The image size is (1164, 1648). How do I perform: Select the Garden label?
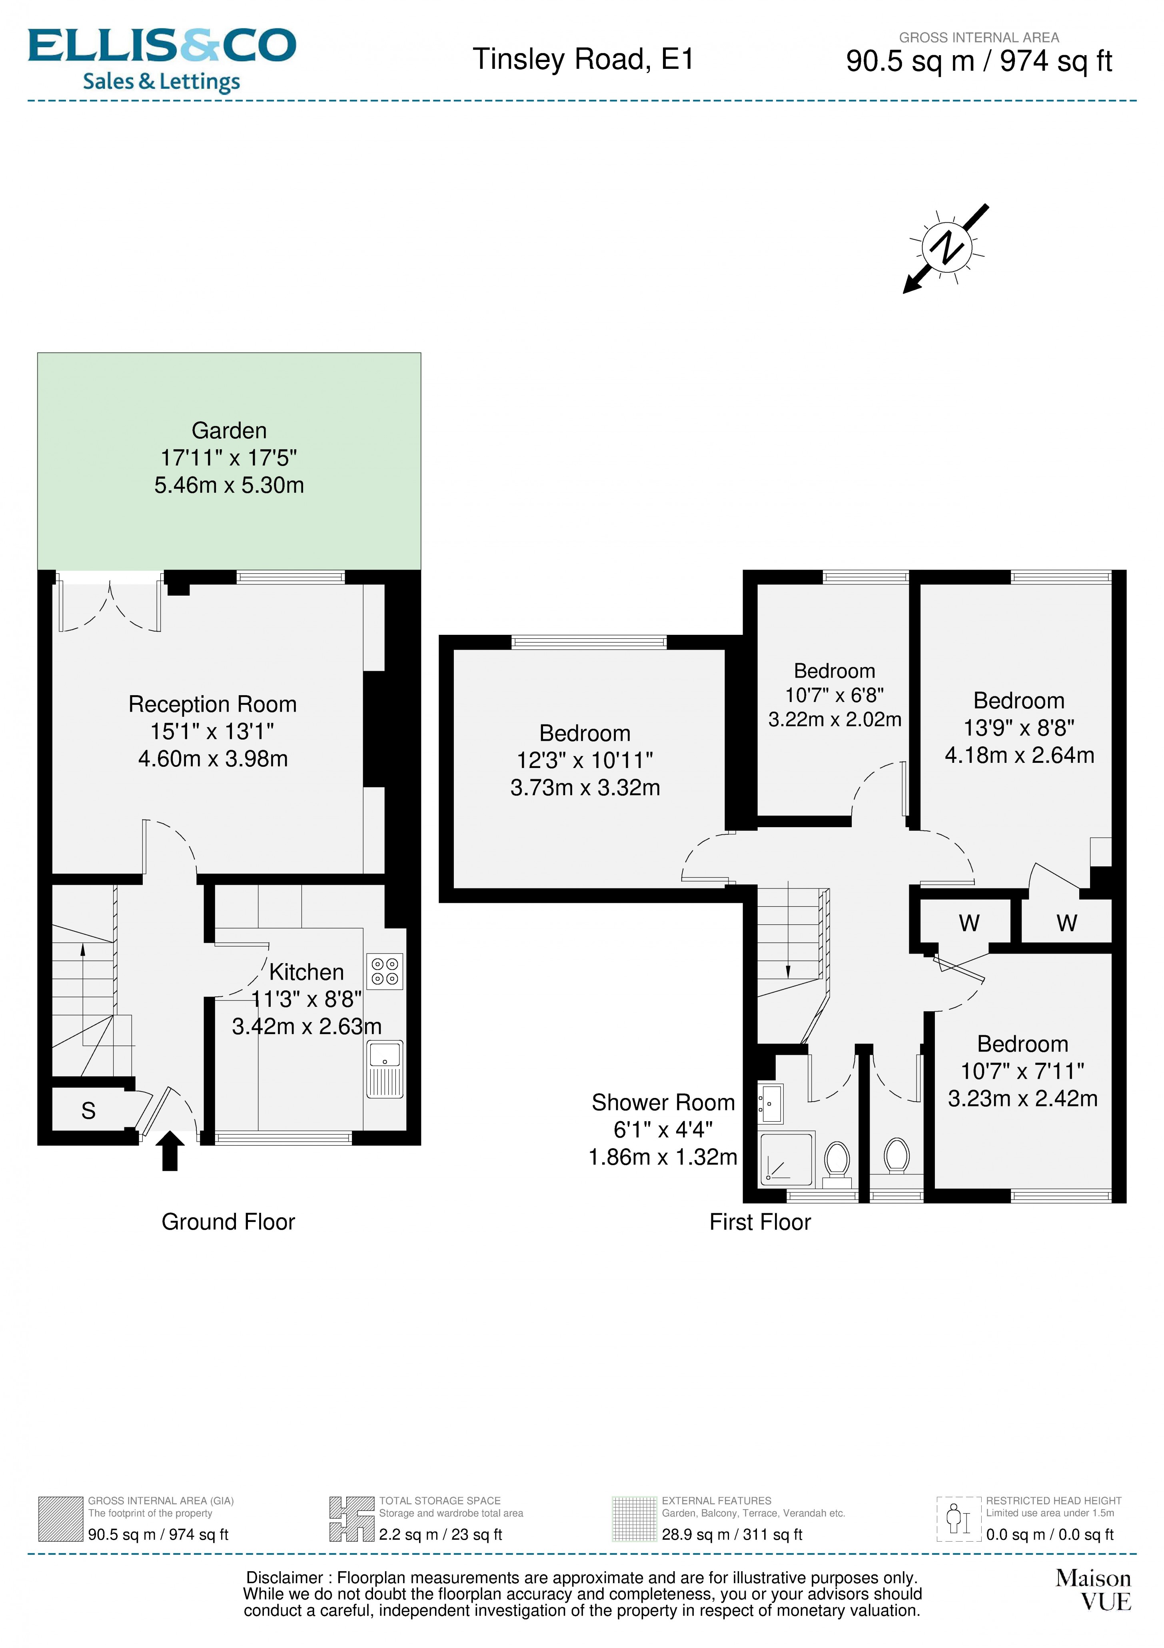(229, 431)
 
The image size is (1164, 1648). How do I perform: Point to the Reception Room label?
(212, 704)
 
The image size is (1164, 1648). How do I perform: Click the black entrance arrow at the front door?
(170, 1150)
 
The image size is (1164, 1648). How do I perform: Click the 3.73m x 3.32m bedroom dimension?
(585, 787)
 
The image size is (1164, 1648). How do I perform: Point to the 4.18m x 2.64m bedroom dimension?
(1019, 755)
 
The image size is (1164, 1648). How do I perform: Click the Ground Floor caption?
(228, 1222)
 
